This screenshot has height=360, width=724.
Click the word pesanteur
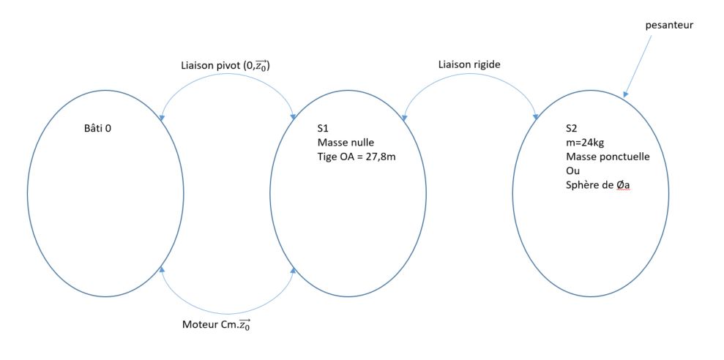(x=669, y=25)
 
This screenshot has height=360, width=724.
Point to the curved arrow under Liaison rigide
(x=471, y=84)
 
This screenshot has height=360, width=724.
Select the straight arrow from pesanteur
(x=637, y=63)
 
